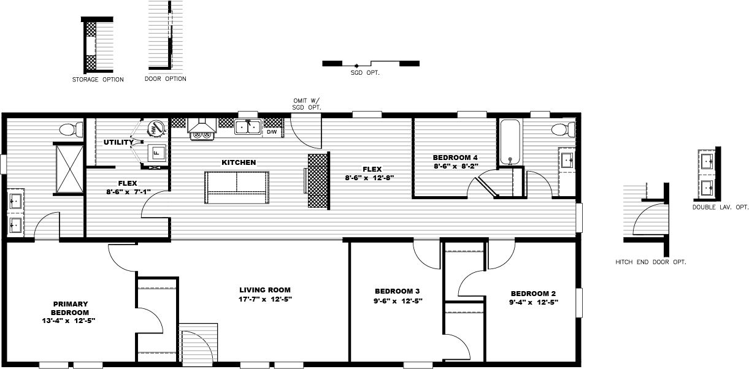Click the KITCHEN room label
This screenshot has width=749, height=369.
coord(239,162)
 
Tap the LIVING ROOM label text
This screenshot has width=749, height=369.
coord(265,290)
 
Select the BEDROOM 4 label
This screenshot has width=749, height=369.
coord(455,158)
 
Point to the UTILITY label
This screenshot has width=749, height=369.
coord(118,143)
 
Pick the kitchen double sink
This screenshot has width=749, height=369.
coord(249,127)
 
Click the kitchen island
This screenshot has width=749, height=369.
coord(236,188)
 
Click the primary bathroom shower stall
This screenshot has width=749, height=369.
coord(69,167)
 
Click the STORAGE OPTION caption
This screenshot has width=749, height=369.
coord(98,80)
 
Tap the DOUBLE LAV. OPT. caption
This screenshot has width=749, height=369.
coord(721,207)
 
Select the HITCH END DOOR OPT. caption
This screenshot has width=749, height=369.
coord(650,262)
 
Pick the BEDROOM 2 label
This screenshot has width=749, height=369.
coord(533,293)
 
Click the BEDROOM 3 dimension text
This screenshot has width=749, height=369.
coord(398,301)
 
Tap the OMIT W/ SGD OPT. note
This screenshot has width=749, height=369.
coord(307,104)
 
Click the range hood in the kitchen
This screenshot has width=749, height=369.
coord(202,129)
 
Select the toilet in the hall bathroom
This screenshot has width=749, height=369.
coord(561,129)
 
